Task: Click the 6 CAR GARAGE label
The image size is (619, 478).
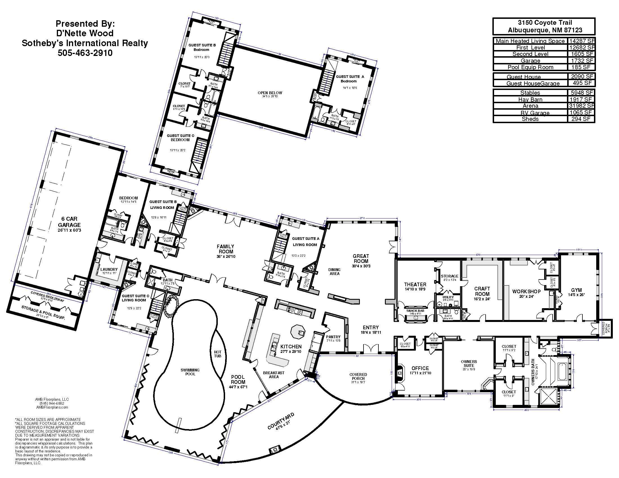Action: (69, 222)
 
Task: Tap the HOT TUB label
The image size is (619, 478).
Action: (218, 354)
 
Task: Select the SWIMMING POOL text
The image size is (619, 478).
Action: (190, 372)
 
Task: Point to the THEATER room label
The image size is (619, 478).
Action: (415, 284)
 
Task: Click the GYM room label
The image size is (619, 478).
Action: (576, 290)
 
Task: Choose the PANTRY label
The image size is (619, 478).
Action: (333, 337)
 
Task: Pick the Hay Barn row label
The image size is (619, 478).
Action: (530, 99)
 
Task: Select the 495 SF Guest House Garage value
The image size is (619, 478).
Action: (582, 83)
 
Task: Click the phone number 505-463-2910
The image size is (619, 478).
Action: (85, 53)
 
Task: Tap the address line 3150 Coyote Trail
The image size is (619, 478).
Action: (544, 23)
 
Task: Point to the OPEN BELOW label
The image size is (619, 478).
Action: (270, 93)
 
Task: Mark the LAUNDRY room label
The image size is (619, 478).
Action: (109, 269)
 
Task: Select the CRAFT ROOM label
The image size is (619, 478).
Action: (482, 291)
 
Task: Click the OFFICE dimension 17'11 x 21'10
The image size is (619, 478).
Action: (420, 373)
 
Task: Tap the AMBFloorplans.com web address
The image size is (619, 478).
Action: (52, 407)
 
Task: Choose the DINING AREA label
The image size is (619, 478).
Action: (335, 272)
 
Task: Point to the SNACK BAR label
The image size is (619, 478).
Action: (415, 311)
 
